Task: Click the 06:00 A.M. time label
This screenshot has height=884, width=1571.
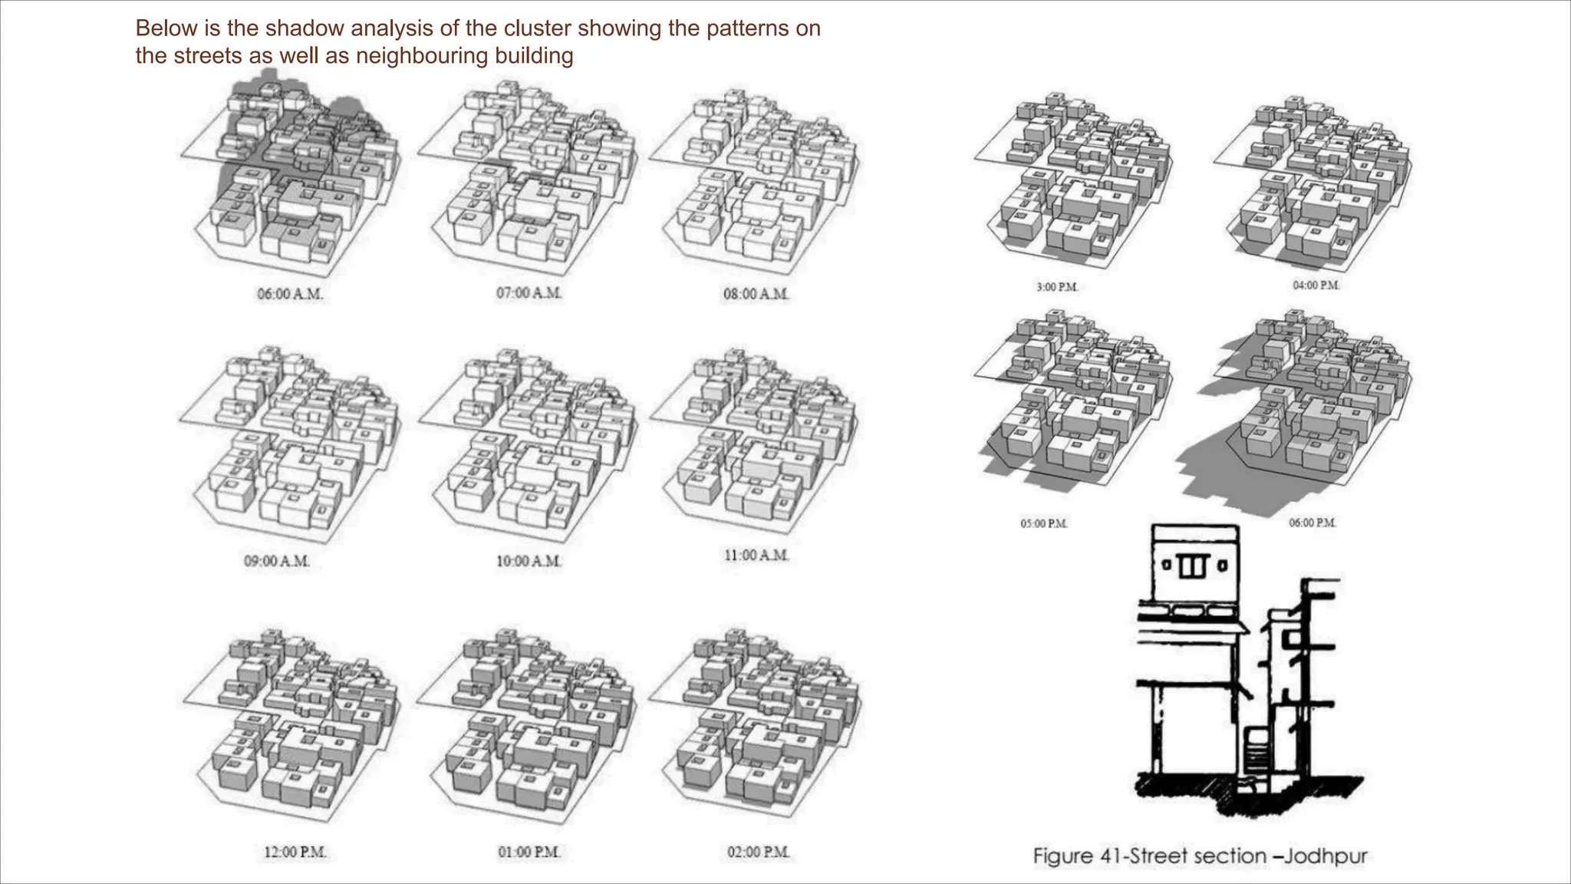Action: pos(290,294)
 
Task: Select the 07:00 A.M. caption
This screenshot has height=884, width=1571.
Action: pos(529,293)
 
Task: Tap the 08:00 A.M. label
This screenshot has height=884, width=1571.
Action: pos(756,294)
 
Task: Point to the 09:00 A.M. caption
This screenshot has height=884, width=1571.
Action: pos(277,561)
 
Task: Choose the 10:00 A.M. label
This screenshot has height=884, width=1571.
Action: pos(529,561)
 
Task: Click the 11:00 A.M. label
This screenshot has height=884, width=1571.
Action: pos(756,555)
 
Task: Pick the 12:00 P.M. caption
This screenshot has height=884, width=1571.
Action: pos(295,852)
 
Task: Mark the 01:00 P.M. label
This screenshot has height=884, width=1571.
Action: pos(529,852)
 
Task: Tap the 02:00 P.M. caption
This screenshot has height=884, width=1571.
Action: pos(759,852)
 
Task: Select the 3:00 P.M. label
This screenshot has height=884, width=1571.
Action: pos(1057,287)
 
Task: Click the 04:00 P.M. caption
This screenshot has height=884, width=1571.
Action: pos(1316,285)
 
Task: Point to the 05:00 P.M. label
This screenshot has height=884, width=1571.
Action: pos(1044,523)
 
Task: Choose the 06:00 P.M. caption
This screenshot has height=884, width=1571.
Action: pos(1312,523)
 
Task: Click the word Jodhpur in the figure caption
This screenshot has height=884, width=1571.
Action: pos(1326,856)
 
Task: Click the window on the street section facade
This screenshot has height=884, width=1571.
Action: pos(1194,567)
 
